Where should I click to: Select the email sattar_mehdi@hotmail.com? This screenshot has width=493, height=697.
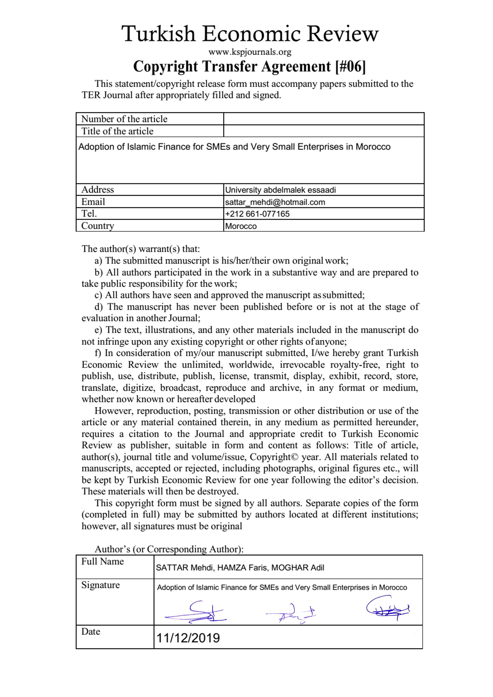coord(275,202)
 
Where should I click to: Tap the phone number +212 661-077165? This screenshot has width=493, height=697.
coord(257,214)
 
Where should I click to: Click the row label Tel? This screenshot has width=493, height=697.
coord(89,214)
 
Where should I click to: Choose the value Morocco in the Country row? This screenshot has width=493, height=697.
coord(241,226)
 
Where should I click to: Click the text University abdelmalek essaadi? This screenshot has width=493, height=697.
coord(280,190)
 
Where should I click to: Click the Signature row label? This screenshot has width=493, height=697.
coord(101,585)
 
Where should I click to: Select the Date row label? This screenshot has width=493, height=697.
coord(90,632)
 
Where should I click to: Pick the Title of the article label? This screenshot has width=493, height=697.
coord(117,131)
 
